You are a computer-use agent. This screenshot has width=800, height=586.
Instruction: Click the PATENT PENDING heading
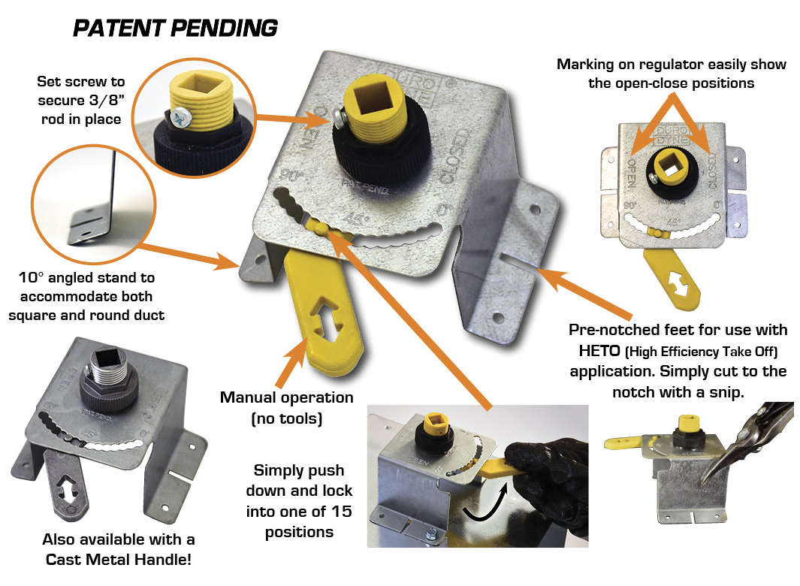click(175, 28)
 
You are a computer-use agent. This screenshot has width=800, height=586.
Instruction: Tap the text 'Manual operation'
click(286, 397)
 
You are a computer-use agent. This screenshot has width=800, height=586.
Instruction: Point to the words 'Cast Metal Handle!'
click(119, 560)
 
